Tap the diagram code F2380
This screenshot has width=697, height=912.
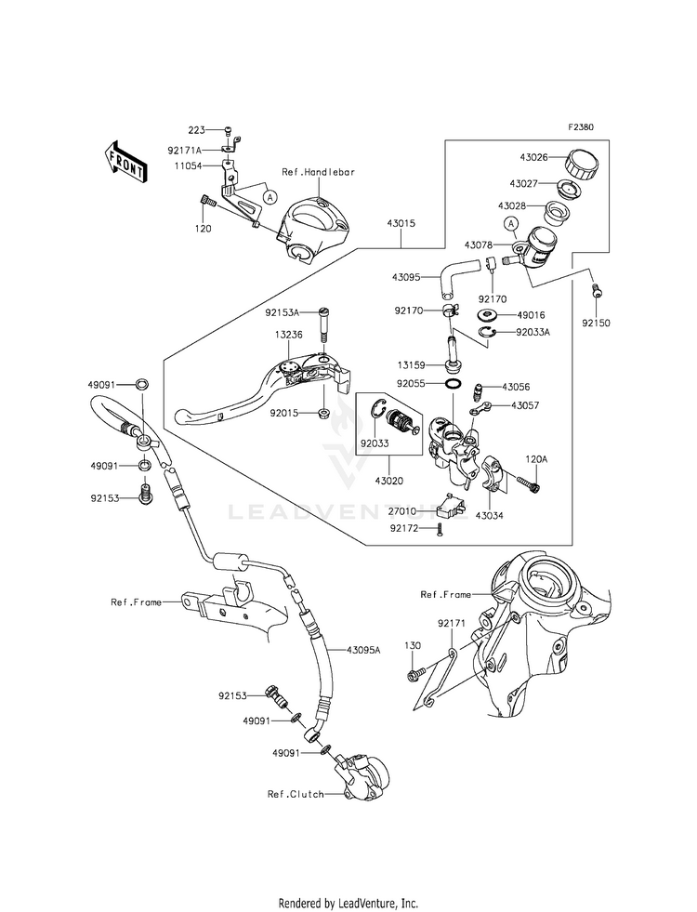[x=582, y=128]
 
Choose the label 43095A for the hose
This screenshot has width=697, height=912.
[x=364, y=650]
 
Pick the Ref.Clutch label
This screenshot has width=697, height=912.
[x=295, y=794]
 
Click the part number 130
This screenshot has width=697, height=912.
[x=413, y=644]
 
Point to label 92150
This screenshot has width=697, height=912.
[x=598, y=324]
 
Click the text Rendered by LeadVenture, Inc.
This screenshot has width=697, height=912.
[x=348, y=903]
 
